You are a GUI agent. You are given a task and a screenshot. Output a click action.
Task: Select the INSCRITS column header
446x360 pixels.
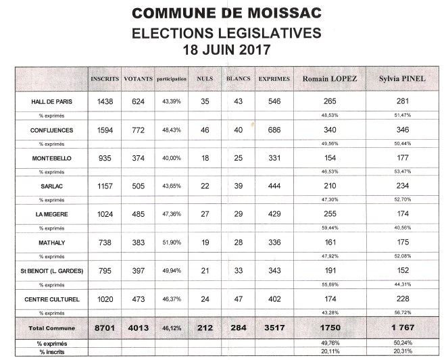[x=104, y=79]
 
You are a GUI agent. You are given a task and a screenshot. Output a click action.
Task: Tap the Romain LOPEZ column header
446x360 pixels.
[x=330, y=79]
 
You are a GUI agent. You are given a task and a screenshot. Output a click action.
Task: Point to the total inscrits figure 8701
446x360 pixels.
[x=104, y=328]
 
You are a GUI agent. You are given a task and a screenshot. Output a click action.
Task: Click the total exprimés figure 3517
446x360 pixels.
[x=274, y=328]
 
